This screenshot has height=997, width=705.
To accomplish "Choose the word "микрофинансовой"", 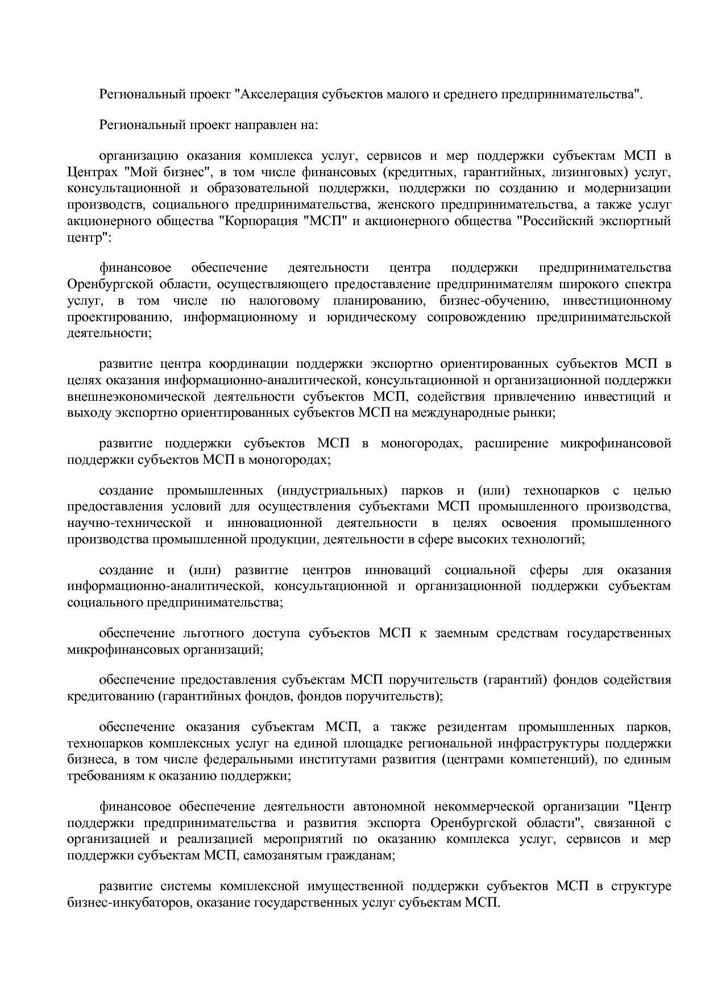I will click(x=616, y=443).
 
